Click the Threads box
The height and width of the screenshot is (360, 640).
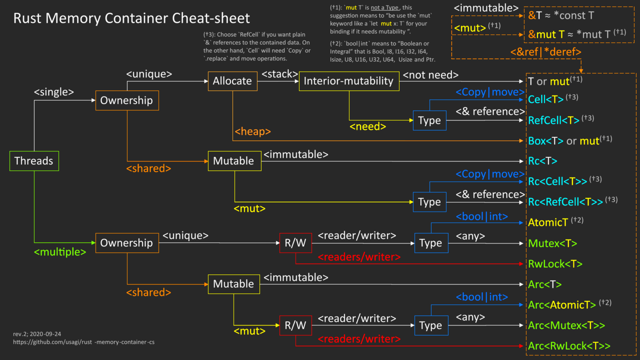pyautogui.click(x=34, y=161)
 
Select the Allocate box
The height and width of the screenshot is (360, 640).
pyautogui.click(x=232, y=81)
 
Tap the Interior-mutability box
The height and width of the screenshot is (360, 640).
pyautogui.click(x=349, y=81)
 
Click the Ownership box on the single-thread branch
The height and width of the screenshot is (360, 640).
pyautogui.click(x=126, y=100)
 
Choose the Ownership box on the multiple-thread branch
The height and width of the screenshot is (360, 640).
pyautogui.click(x=126, y=243)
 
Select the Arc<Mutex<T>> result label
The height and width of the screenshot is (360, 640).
pyautogui.click(x=566, y=325)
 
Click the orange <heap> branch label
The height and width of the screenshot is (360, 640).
pyautogui.click(x=252, y=132)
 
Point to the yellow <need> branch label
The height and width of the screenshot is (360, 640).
pyautogui.click(x=367, y=126)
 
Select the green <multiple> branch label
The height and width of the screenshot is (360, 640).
pyautogui.click(x=60, y=252)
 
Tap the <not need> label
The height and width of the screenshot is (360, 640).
pyautogui.click(x=430, y=75)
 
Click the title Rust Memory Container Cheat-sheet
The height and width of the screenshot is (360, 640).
pyautogui.click(x=131, y=18)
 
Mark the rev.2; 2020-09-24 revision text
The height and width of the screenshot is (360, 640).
pyautogui.click(x=37, y=333)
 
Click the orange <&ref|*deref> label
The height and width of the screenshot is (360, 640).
pyautogui.click(x=545, y=52)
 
